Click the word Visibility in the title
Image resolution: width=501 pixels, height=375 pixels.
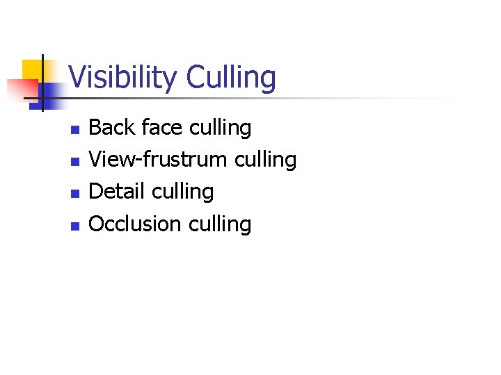[x=123, y=77]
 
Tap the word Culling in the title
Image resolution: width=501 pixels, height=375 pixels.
[x=231, y=77]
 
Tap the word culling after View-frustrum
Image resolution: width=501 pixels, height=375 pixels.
[x=266, y=160]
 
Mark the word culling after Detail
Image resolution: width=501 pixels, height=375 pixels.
[x=183, y=192]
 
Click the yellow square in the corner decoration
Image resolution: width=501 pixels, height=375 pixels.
[x=33, y=69]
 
